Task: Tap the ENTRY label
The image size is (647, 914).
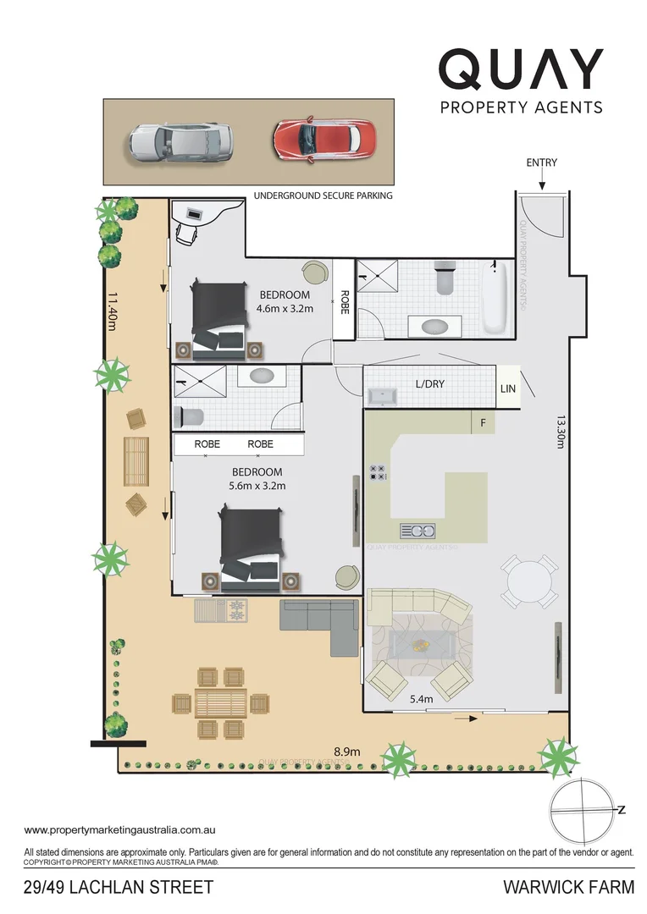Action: click(541, 162)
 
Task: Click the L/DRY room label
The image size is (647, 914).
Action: click(429, 384)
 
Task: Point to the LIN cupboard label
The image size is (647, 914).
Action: click(508, 388)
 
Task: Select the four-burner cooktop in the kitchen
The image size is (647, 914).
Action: click(378, 473)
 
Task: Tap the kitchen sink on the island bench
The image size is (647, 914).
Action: click(418, 531)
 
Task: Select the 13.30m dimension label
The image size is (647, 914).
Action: click(561, 433)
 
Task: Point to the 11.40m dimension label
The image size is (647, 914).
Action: click(111, 312)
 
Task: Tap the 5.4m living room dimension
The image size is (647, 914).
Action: click(421, 699)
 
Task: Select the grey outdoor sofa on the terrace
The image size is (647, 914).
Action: click(323, 624)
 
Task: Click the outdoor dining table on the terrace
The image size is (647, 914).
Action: click(220, 702)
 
